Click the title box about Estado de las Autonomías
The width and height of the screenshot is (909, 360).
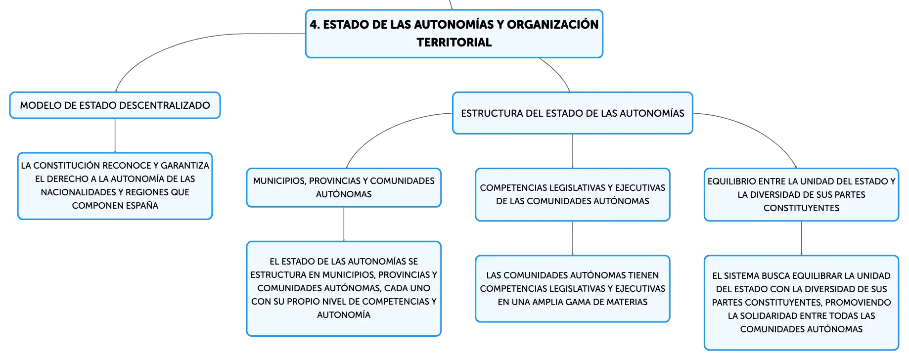click(x=454, y=34)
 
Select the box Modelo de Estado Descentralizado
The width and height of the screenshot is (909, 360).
click(x=115, y=105)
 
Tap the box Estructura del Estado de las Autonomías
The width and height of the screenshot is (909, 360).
click(x=573, y=113)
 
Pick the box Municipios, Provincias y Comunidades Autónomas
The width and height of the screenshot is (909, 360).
click(x=344, y=187)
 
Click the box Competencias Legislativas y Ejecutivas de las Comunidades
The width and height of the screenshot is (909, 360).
click(x=573, y=194)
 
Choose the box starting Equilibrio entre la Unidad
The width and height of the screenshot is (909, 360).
click(x=801, y=194)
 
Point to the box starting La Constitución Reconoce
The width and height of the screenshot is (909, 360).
click(x=115, y=186)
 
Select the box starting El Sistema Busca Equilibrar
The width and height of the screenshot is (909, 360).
click(x=801, y=303)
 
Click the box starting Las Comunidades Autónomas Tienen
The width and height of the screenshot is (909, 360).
click(x=573, y=289)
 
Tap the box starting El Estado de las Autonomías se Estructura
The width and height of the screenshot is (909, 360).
click(x=344, y=289)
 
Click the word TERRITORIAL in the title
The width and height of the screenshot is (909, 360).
click(x=454, y=43)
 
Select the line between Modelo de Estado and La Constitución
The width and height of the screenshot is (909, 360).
click(x=115, y=135)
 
